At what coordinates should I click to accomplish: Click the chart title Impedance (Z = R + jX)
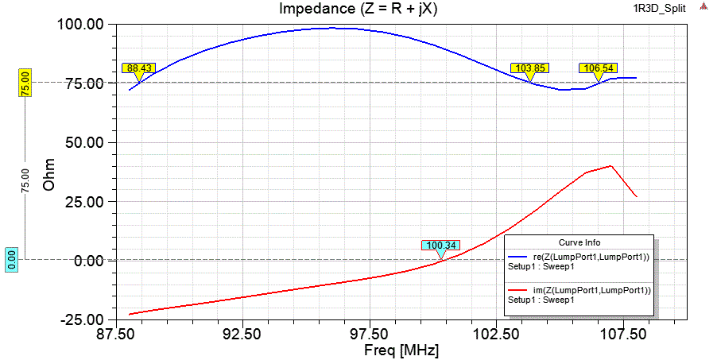coord(358,9)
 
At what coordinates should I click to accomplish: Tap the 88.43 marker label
coord(138,68)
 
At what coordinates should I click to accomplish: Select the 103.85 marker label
coord(529,68)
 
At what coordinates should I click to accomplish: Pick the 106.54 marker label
coord(597,68)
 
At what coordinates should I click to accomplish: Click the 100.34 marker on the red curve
coord(440,246)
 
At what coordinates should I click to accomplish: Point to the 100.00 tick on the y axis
coord(82,24)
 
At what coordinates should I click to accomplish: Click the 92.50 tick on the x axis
coord(242,335)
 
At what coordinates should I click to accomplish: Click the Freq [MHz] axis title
coord(401,350)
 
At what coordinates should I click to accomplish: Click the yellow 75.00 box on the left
coord(25,83)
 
